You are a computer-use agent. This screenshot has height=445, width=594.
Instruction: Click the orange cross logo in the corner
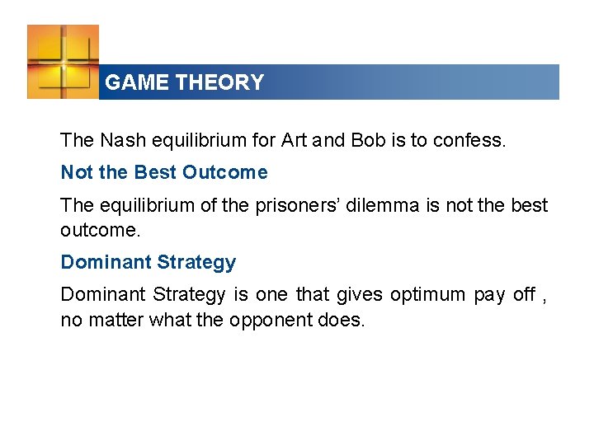click(x=63, y=62)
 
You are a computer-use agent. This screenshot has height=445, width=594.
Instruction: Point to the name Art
click(x=294, y=140)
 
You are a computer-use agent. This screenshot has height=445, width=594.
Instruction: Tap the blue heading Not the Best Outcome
click(x=164, y=172)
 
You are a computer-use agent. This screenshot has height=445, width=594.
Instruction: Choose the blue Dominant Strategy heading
click(x=148, y=262)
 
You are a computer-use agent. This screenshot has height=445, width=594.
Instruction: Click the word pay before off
click(x=488, y=295)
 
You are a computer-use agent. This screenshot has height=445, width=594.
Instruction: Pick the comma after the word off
click(x=544, y=298)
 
